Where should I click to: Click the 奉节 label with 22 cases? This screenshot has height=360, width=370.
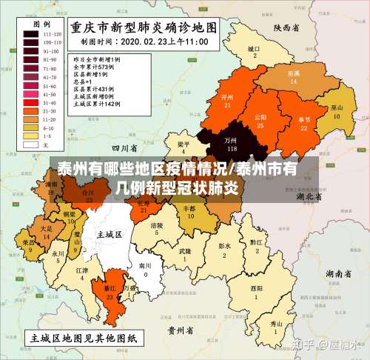click(x=303, y=123)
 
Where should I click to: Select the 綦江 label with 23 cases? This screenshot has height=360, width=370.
click(x=110, y=292)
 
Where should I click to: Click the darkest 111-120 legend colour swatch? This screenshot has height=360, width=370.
click(x=31, y=34)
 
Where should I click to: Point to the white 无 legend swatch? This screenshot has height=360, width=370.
click(x=31, y=144)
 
